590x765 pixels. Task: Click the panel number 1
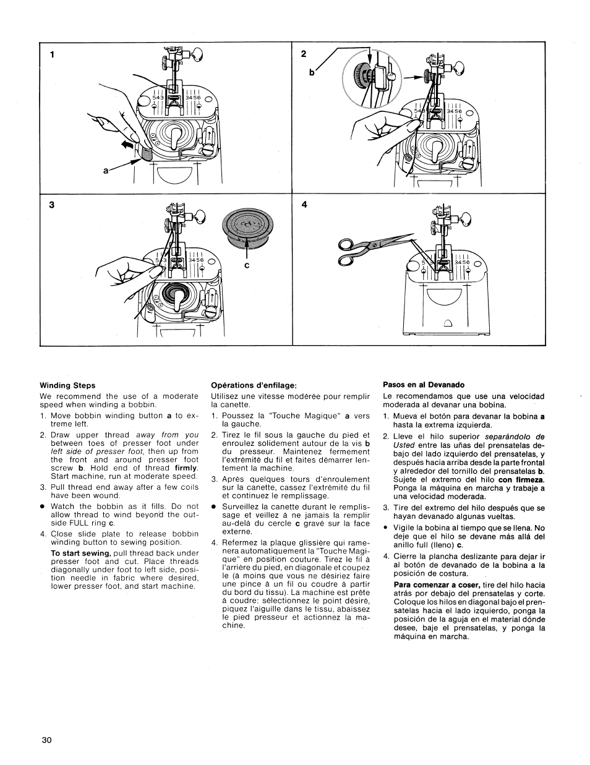53,54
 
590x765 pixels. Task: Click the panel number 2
304,54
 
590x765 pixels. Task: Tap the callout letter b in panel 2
304,72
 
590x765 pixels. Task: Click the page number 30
47,740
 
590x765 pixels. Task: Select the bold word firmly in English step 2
186,468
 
